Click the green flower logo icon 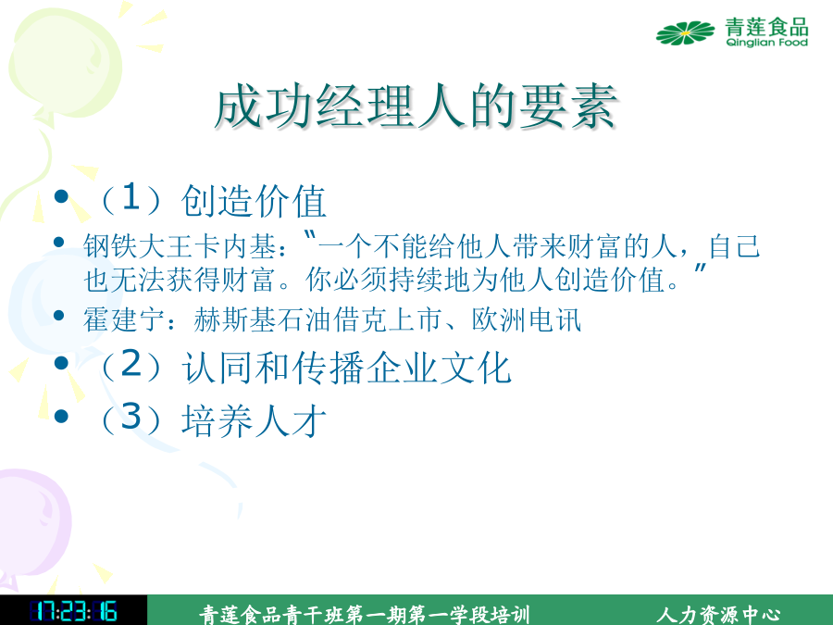685,33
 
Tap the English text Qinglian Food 766,43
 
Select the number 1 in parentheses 131,197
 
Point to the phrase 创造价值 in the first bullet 254,201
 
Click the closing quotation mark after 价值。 701,268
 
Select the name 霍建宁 124,320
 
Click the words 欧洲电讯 527,320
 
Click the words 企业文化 439,368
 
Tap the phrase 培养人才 254,420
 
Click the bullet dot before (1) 62,196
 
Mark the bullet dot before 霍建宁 59,316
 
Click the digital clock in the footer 73,612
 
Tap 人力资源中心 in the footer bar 718,615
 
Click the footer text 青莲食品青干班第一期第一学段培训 365,615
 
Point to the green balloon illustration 65,64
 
